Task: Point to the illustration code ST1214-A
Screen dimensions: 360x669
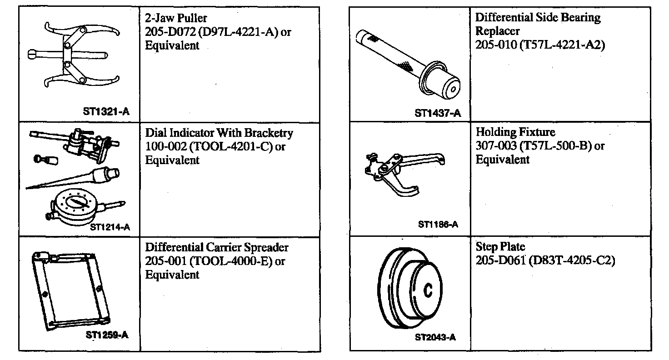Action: point(110,227)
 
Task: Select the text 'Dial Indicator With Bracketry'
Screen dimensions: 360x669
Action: point(219,133)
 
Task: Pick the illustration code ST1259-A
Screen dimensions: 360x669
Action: point(107,335)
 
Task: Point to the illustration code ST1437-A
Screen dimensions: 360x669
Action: point(437,113)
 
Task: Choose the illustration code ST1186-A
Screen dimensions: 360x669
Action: point(438,225)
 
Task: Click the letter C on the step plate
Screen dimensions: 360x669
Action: point(428,290)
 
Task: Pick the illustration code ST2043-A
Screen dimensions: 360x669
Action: point(435,337)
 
